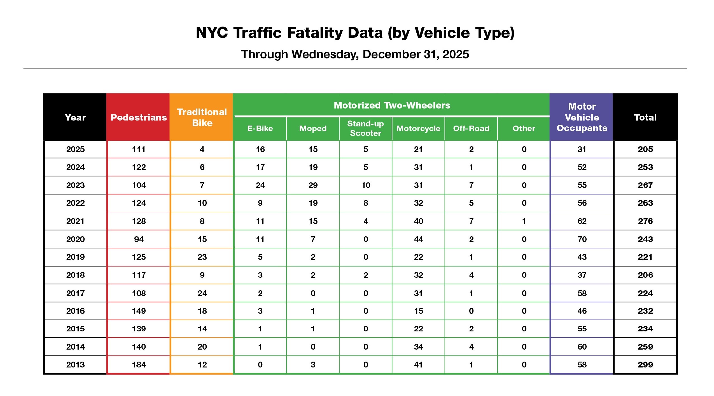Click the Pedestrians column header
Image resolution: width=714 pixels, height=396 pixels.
(139, 117)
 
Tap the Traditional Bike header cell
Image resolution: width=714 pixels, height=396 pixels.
(202, 117)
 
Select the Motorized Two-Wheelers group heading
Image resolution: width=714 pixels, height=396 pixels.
(392, 105)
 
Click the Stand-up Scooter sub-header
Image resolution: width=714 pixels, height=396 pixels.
(365, 128)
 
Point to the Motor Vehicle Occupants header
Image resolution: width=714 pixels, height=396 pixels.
(582, 117)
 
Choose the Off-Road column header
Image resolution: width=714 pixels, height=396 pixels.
(471, 128)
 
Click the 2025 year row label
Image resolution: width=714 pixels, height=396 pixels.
(75, 149)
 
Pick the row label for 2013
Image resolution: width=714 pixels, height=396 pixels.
(75, 365)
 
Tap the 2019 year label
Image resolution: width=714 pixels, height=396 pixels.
(75, 257)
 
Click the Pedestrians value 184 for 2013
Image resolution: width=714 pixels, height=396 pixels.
(139, 365)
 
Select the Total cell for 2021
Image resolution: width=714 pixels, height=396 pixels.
(645, 221)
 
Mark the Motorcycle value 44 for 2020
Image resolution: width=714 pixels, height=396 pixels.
(418, 239)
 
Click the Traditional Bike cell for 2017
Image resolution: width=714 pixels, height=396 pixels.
(202, 293)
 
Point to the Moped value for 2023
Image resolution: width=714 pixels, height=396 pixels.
(313, 185)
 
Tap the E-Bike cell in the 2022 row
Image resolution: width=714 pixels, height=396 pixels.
(260, 203)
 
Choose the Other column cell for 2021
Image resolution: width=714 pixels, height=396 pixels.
(524, 221)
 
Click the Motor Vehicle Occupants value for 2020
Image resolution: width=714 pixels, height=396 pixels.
(582, 239)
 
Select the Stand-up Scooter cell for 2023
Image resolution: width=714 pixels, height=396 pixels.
(365, 185)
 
